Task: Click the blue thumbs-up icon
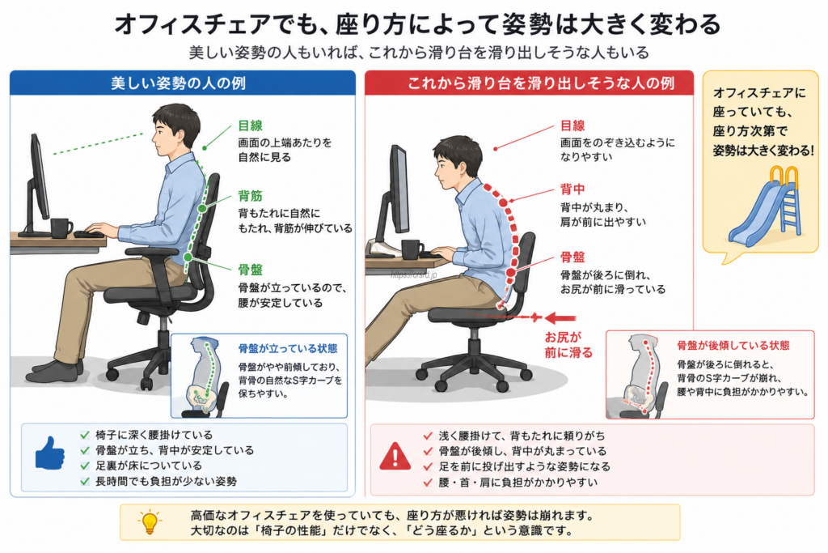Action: click(x=49, y=453)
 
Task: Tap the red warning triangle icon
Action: click(x=395, y=456)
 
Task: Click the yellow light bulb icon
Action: click(x=150, y=521)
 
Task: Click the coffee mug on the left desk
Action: click(x=61, y=228)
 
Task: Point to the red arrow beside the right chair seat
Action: click(x=560, y=317)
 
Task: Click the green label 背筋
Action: click(x=251, y=196)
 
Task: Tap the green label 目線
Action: click(x=251, y=125)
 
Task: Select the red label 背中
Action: click(x=572, y=189)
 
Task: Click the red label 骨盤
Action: click(x=572, y=257)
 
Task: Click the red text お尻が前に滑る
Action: click(x=568, y=345)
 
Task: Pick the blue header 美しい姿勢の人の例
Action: click(x=179, y=83)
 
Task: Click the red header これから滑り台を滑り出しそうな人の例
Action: click(x=541, y=83)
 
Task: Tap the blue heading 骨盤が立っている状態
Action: click(x=288, y=349)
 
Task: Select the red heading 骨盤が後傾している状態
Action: click(x=733, y=346)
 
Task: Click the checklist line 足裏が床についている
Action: click(x=149, y=466)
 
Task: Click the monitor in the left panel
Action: click(x=37, y=183)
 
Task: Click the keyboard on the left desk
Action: click(x=89, y=234)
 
